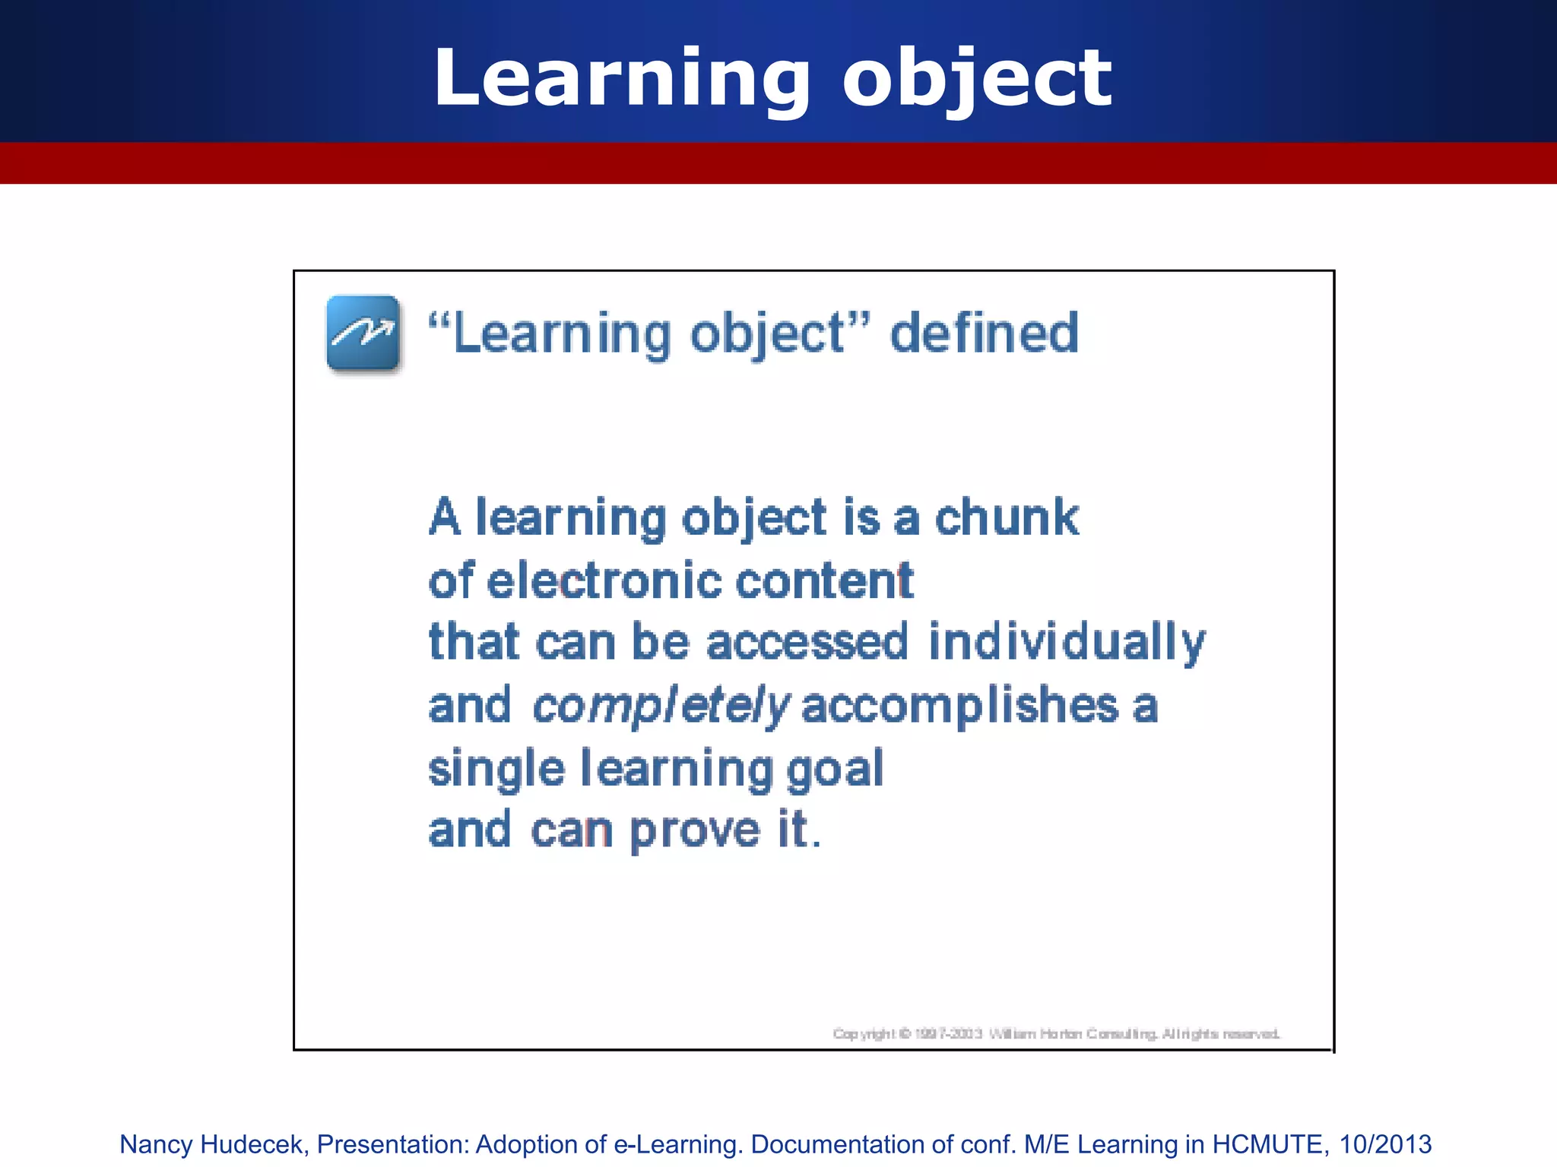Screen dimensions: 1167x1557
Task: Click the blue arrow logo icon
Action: pos(363,333)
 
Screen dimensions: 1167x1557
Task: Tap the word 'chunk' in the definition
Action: pos(1006,518)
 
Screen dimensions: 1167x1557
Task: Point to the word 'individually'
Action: pos(1066,643)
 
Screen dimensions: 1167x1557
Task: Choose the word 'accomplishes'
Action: pos(960,705)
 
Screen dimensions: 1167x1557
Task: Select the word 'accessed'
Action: pos(807,643)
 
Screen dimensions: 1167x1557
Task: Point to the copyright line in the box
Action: pos(1056,1033)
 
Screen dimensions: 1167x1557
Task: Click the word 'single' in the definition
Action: pos(496,769)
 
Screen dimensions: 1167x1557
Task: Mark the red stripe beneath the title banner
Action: pos(778,163)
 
